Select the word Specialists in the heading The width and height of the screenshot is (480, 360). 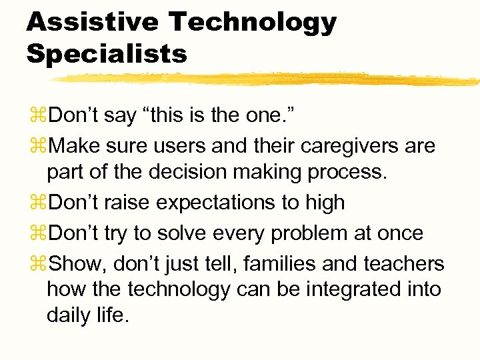(x=107, y=54)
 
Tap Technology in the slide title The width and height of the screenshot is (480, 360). (x=253, y=23)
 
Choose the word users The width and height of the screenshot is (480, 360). (x=182, y=145)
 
